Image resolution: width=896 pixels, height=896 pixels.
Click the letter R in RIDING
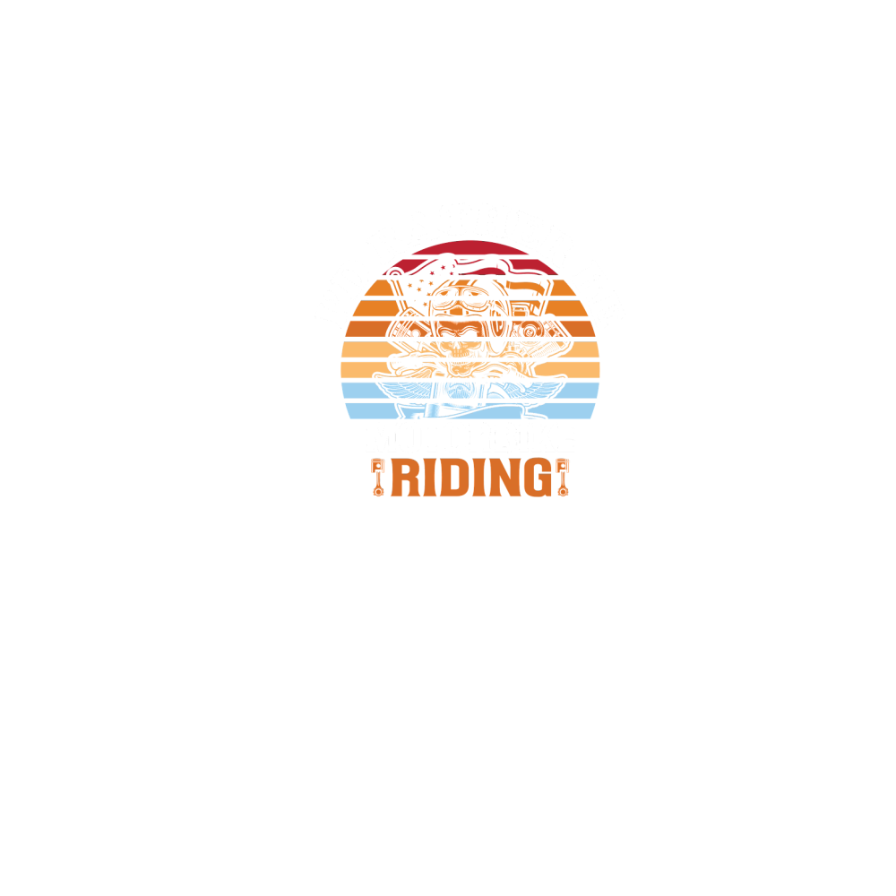407,478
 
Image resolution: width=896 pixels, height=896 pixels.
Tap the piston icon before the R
378,477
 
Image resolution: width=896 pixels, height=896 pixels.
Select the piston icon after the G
564,477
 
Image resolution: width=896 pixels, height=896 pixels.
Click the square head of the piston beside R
378,465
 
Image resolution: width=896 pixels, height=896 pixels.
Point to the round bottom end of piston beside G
564,490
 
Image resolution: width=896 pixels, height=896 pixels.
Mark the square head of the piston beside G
564,465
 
